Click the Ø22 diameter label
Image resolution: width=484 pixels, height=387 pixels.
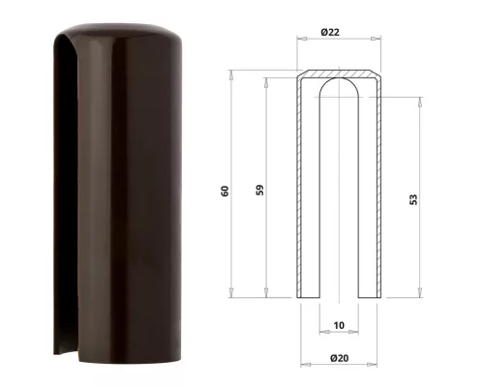point(335,34)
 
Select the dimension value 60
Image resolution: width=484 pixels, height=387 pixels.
point(225,190)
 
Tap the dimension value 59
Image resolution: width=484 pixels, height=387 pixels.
point(258,190)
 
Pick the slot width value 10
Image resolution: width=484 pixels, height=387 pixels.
point(337,324)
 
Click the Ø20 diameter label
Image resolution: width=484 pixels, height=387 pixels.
point(338,358)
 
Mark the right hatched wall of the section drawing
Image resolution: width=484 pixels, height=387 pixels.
point(372,193)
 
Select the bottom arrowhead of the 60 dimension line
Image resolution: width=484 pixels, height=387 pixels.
point(231,295)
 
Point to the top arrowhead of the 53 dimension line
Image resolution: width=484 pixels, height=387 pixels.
point(419,99)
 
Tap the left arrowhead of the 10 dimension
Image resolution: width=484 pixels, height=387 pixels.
point(319,331)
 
